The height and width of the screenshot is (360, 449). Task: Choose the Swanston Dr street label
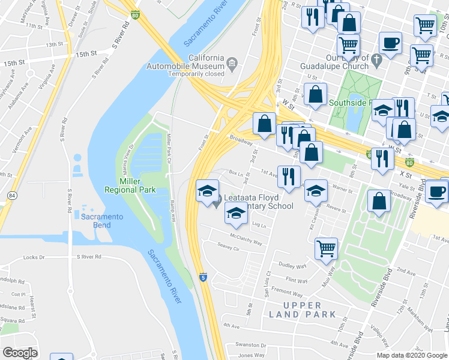(250, 345)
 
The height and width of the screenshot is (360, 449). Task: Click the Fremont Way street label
(286, 294)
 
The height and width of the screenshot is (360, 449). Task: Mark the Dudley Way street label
(293, 266)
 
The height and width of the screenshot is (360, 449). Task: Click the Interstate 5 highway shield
(203, 277)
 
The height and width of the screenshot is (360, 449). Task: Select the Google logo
(20, 352)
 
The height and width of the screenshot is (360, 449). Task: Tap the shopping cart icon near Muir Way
(326, 247)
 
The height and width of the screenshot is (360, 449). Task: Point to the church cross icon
(376, 60)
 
